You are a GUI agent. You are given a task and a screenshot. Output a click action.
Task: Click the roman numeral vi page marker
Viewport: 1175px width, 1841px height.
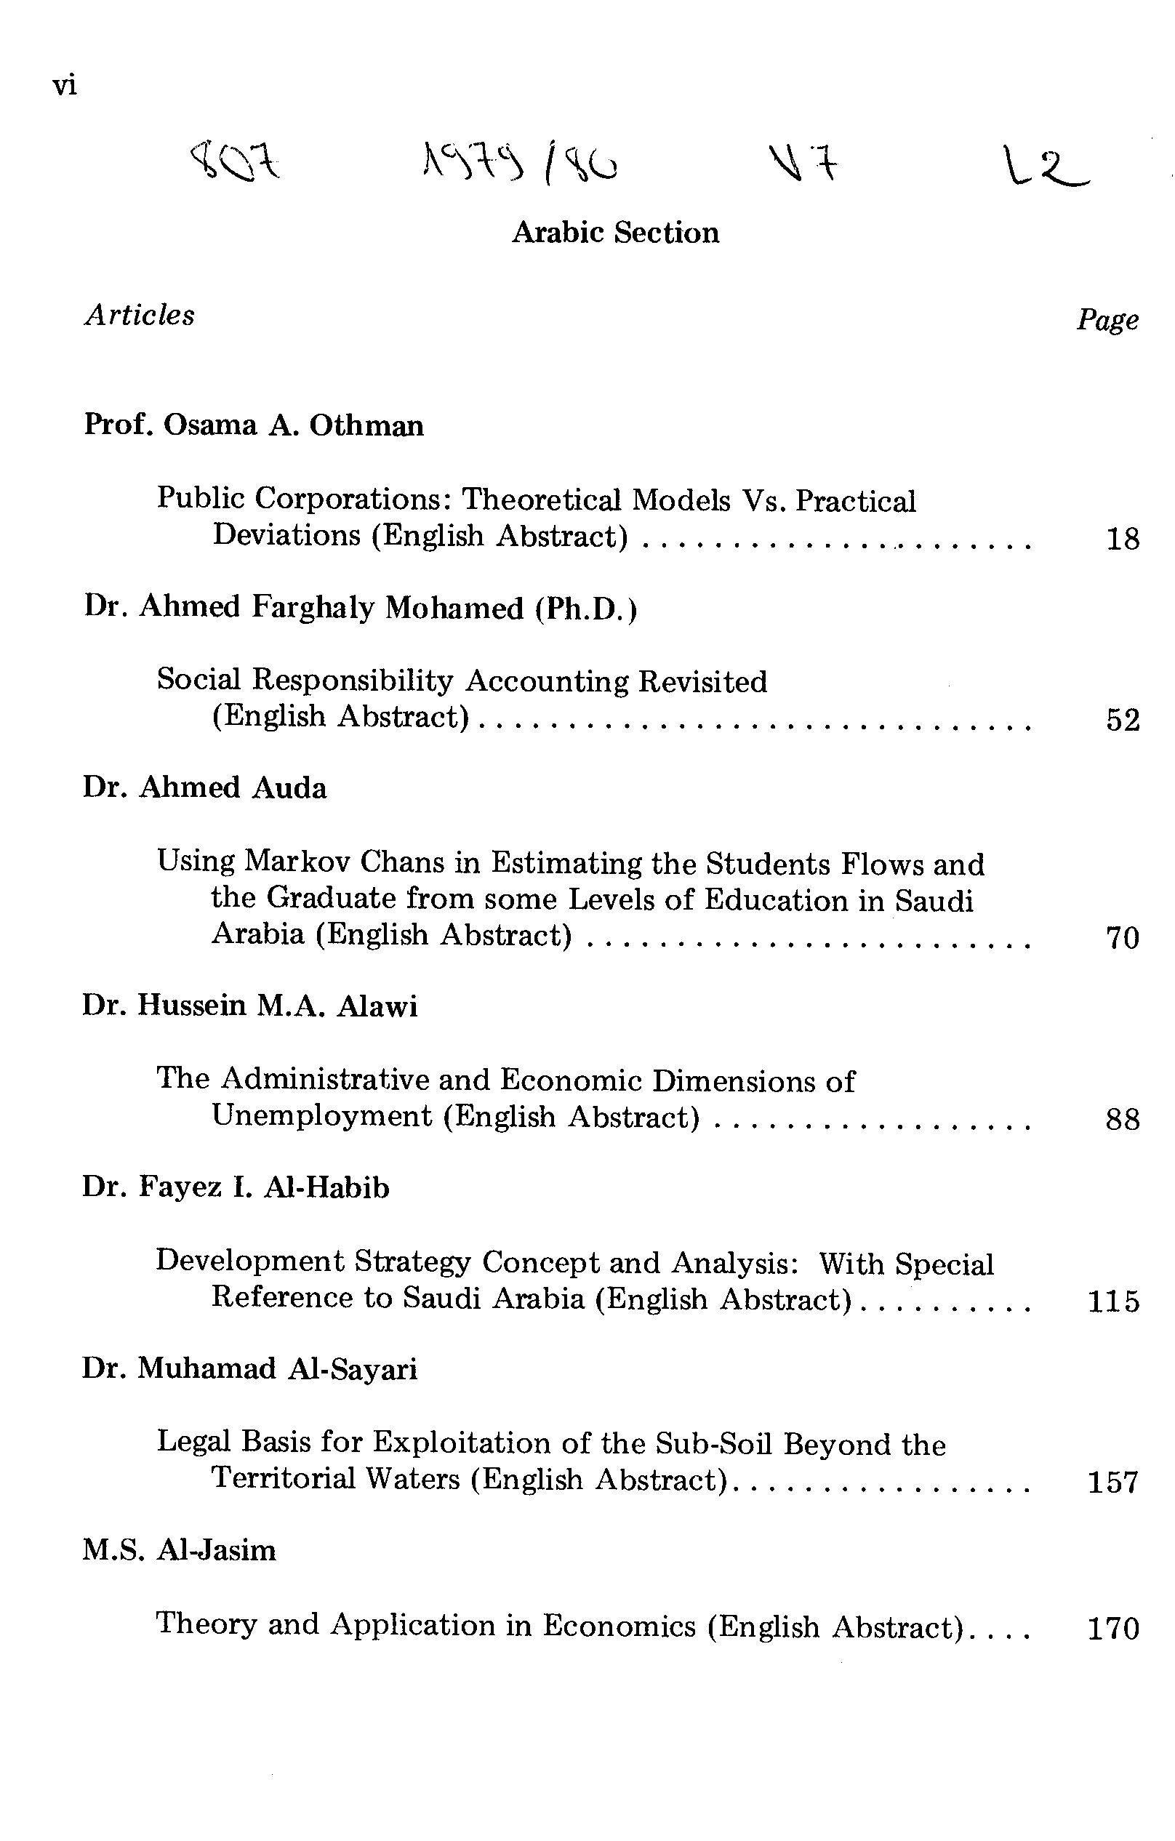(x=65, y=86)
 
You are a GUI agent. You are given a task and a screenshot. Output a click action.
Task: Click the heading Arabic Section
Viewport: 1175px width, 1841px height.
(x=615, y=233)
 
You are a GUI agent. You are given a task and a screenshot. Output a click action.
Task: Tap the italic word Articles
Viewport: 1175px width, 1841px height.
(x=139, y=315)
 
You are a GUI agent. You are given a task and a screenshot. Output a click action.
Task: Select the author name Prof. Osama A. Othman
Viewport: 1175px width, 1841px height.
(x=253, y=425)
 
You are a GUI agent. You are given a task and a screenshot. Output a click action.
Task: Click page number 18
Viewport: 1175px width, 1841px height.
(x=1122, y=540)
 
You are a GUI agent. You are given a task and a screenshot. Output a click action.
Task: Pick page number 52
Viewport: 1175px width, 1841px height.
(x=1122, y=721)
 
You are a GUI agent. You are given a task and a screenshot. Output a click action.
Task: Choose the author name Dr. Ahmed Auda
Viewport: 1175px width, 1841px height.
(x=204, y=787)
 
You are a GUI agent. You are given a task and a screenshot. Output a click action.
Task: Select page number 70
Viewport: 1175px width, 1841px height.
(x=1122, y=938)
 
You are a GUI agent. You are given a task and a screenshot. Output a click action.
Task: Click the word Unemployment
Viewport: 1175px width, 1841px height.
(x=321, y=1116)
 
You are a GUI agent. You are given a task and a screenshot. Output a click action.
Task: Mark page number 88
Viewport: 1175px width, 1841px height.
(x=1122, y=1119)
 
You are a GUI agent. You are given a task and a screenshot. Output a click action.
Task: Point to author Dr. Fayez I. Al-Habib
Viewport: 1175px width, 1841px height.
(x=236, y=1187)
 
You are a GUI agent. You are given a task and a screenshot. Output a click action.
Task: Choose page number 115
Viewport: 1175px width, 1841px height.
(x=1113, y=1301)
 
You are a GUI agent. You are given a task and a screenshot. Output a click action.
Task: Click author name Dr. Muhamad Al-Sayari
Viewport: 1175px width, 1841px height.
(x=249, y=1368)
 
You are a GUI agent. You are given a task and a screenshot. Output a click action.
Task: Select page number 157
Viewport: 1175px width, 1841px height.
(x=1113, y=1483)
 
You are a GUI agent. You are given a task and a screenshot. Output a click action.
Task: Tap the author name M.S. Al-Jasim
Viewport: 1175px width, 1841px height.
(x=179, y=1549)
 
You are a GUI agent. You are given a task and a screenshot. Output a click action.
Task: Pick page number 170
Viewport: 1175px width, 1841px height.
(x=1113, y=1629)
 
